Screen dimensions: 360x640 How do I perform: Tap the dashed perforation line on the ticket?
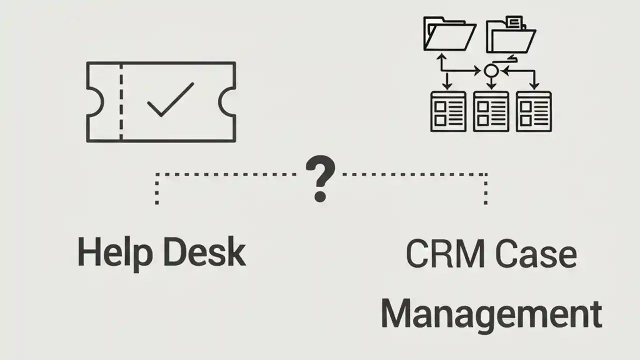click(x=120, y=102)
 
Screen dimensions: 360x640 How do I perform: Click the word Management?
click(x=491, y=313)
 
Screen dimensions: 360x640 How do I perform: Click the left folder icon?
click(x=448, y=34)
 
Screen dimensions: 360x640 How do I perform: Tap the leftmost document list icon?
click(x=448, y=111)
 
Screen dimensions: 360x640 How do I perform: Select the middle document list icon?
click(x=491, y=111)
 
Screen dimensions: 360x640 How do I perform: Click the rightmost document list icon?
click(x=533, y=111)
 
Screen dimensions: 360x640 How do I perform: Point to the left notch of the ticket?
click(x=95, y=102)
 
